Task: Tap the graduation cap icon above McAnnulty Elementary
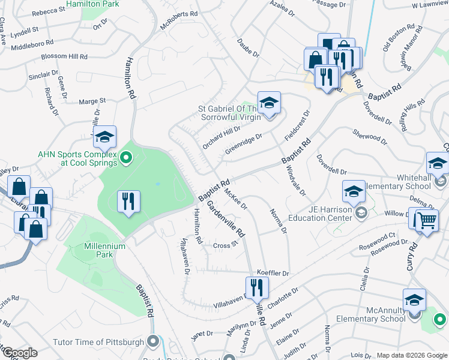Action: pos(414,300)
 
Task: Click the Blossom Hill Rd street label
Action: pos(64,57)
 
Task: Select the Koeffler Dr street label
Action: pos(273,273)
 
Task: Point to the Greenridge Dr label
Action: pos(243,140)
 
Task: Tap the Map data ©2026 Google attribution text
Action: pos(411,355)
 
